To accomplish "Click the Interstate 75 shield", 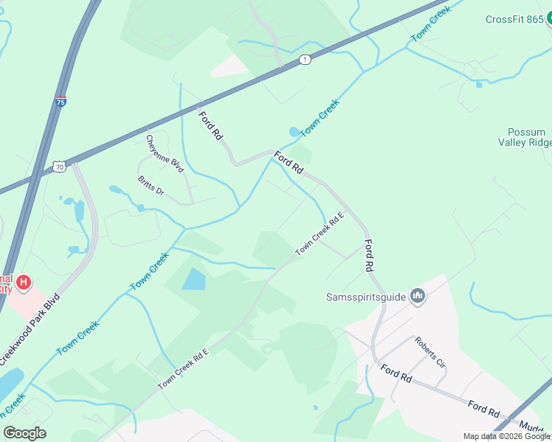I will pyautogui.click(x=61, y=102).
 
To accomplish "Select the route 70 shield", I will pyautogui.click(x=59, y=167).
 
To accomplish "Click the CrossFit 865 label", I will pyautogui.click(x=514, y=19).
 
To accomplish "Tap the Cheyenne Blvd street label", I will pyautogui.click(x=164, y=153).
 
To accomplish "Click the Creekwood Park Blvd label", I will pyautogui.click(x=30, y=331).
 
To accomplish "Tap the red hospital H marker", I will pyautogui.click(x=24, y=281).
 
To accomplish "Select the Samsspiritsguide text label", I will pyautogui.click(x=365, y=298).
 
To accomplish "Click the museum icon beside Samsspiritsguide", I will pyautogui.click(x=418, y=296).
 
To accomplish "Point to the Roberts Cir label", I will pyautogui.click(x=429, y=353).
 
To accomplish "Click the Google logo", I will pyautogui.click(x=24, y=433).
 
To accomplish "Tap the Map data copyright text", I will pyautogui.click(x=507, y=436).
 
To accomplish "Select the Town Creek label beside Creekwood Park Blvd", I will pyautogui.click(x=77, y=338).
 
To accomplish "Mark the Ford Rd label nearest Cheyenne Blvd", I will pyautogui.click(x=210, y=125).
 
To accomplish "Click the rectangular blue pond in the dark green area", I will pyautogui.click(x=193, y=279).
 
